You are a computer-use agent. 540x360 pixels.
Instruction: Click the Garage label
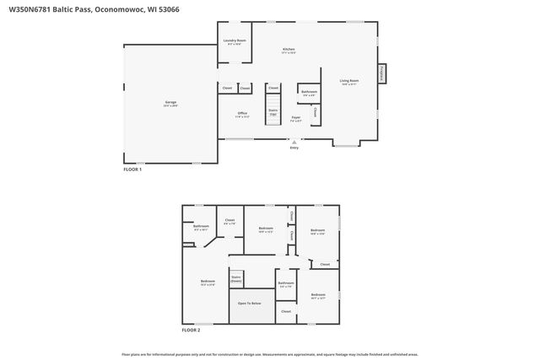click(x=170, y=104)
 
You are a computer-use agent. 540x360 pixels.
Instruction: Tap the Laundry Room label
click(x=235, y=41)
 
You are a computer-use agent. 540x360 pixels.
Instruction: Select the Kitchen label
click(x=289, y=51)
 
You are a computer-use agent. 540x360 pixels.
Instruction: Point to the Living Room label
click(x=349, y=81)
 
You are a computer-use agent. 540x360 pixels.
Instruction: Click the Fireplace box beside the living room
click(x=382, y=74)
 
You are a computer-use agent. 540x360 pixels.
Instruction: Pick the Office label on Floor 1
click(x=241, y=114)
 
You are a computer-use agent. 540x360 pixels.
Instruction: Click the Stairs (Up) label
click(x=273, y=111)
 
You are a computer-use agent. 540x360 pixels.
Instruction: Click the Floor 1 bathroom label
click(x=309, y=93)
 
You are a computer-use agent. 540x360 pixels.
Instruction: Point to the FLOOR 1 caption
click(x=132, y=169)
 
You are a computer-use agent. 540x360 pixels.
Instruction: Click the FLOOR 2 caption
click(x=191, y=330)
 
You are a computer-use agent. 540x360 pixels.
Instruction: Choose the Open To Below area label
click(x=249, y=304)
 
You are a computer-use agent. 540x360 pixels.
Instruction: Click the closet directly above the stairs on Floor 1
click(x=273, y=87)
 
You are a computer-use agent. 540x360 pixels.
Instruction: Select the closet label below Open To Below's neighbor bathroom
click(x=286, y=311)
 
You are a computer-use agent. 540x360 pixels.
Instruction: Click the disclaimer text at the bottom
click(x=270, y=355)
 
